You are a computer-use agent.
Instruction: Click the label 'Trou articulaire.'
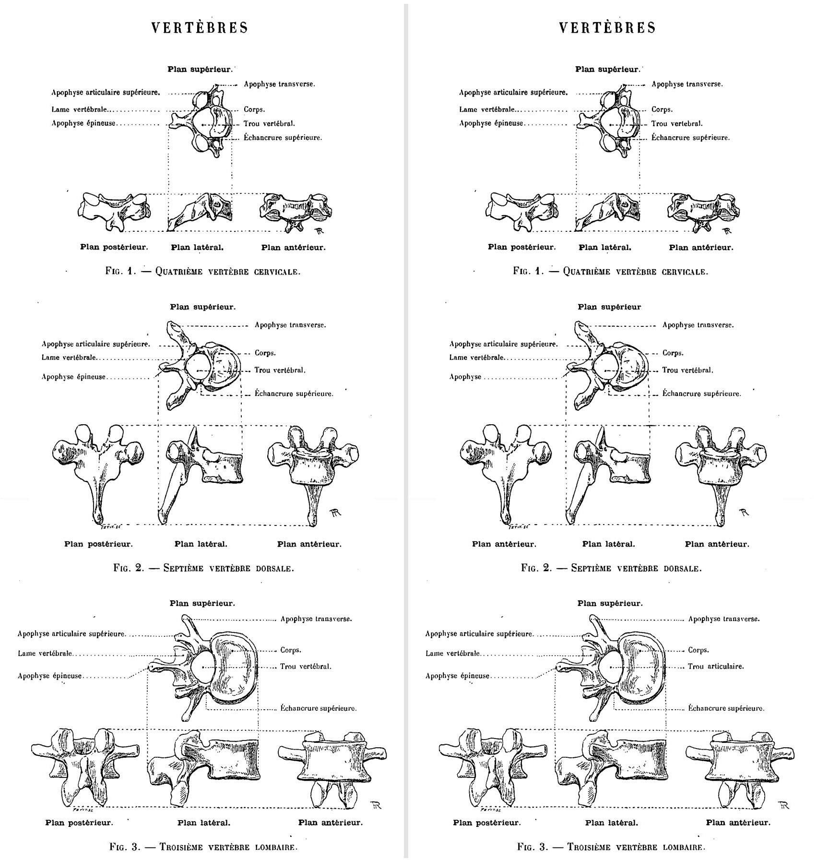716,666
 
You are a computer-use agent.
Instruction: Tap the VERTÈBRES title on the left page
200,28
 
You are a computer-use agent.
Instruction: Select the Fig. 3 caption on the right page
611,847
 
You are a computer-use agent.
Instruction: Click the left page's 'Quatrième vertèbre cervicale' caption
203,271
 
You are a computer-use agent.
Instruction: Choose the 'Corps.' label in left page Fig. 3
291,650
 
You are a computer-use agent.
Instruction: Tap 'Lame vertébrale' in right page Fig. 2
476,358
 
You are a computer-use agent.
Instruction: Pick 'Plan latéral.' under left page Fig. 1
197,248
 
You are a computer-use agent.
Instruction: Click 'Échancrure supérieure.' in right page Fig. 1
690,138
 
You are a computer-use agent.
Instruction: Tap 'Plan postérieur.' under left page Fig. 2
98,544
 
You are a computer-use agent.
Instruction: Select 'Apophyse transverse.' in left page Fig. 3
316,619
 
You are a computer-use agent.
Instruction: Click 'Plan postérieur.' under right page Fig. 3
486,823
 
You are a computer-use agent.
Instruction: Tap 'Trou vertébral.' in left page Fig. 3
306,666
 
